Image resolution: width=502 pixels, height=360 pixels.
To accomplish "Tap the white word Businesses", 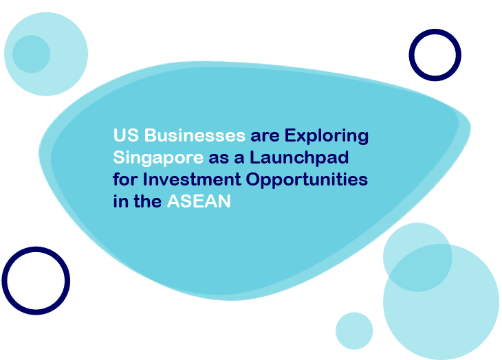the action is pos(195,135).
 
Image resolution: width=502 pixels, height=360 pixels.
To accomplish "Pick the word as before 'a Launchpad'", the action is pos(219,159).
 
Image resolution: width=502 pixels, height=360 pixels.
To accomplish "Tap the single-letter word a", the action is pos(239,159).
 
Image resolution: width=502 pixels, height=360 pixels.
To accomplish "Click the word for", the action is pos(125,179).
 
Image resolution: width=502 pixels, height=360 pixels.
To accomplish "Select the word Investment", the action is pos(191,179).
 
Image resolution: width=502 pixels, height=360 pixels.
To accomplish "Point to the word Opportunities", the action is pos(307,180).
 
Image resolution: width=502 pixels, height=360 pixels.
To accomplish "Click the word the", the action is pos(148,201).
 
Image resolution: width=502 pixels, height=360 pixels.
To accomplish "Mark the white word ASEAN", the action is pos(199,201).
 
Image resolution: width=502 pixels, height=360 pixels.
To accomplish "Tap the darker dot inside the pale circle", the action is pos(32,54).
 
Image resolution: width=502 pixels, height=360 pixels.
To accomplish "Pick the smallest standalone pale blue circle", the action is pos(354,331).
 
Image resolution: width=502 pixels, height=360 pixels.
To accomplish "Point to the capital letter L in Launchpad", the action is pos(254,157).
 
